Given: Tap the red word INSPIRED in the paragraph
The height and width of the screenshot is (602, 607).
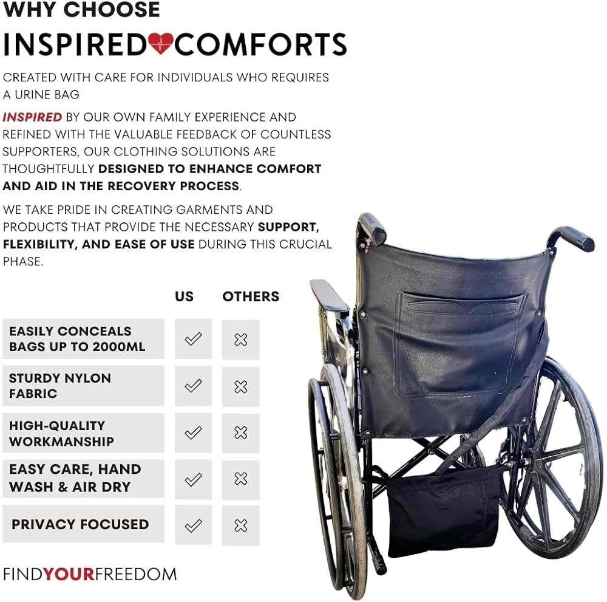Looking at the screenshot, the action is pos(32,117).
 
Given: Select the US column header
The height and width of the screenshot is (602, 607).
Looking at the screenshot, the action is pos(184,296).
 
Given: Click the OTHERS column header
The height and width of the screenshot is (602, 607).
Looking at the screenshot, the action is pos(251,296).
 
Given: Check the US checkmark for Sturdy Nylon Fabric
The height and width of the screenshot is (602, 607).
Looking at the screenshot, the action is pos(193,386).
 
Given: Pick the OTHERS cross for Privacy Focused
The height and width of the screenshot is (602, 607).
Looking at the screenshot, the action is pos(241,525).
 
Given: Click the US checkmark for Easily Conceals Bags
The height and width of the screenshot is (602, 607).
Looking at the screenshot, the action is pos(193,339).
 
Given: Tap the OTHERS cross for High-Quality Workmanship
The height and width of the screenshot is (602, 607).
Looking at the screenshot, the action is pos(241,433).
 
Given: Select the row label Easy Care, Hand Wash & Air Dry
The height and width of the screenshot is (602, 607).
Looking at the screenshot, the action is pos(75,478).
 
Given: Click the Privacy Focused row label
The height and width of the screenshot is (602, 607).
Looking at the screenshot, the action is pos(80,524).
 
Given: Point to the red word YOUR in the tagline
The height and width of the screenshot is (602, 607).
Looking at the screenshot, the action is pos(69,574).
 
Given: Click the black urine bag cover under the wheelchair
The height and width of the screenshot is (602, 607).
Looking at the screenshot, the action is pos(444,511).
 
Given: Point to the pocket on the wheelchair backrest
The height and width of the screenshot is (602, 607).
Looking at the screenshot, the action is pos(460,345).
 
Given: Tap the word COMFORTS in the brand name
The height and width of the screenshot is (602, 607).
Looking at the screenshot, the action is pos(260,44).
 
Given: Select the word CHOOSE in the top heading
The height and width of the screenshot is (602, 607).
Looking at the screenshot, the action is pos(112,9).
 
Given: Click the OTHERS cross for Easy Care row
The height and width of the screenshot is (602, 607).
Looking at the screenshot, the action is pos(241,479).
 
